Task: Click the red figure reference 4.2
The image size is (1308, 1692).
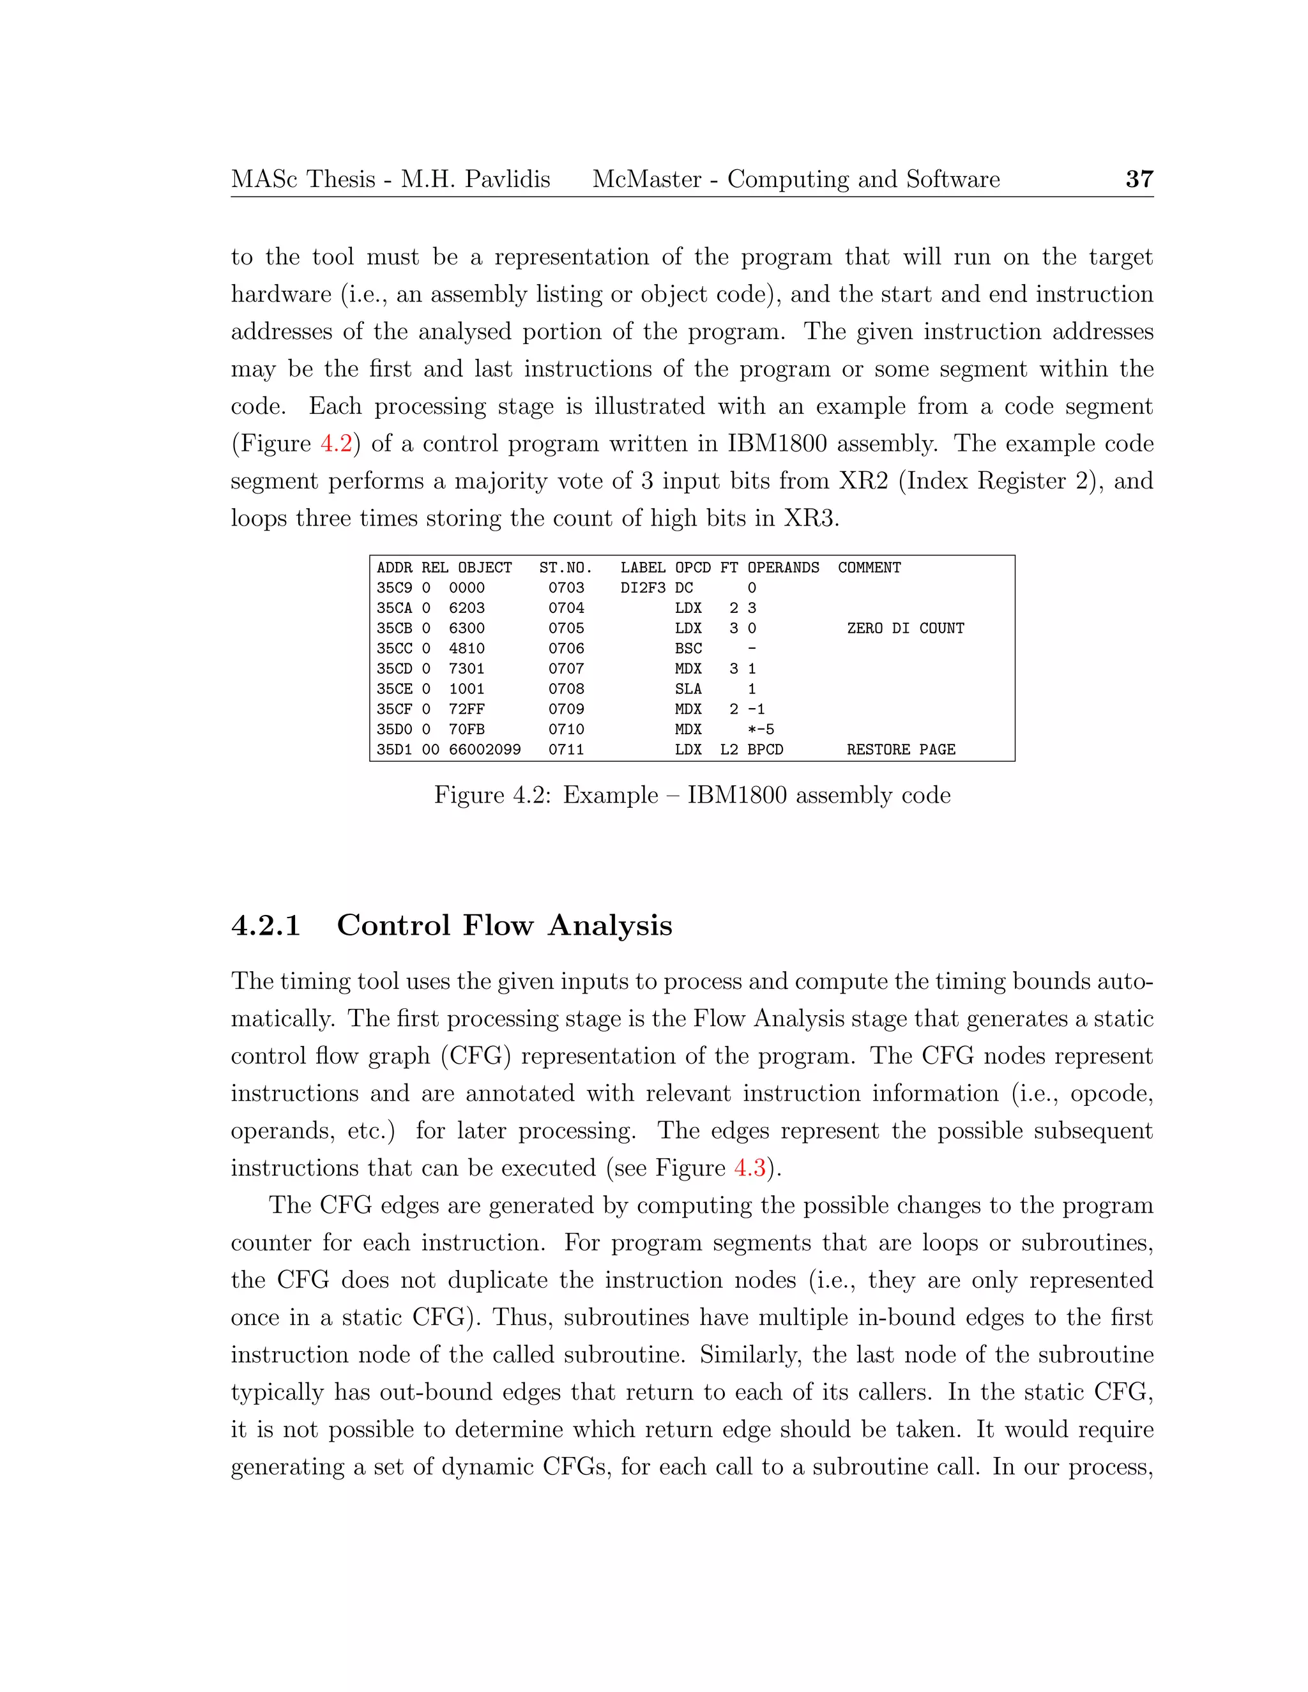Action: coord(337,444)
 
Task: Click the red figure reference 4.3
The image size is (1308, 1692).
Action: coord(749,1168)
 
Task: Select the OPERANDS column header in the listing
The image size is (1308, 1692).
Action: coord(782,568)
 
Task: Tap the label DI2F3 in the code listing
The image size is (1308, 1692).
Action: coord(643,588)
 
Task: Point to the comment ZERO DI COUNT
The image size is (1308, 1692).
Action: coord(905,628)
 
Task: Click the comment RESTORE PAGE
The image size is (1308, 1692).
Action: coord(901,750)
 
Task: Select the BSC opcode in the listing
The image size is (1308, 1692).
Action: coord(688,649)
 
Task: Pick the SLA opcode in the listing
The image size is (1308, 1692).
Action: coord(688,689)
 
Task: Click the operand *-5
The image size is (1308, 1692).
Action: coord(760,730)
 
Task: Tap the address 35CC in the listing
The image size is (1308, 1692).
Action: coord(395,649)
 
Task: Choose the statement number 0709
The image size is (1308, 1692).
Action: coord(566,709)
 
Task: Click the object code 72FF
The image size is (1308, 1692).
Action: coord(466,709)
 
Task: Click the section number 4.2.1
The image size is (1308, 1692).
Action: coord(266,926)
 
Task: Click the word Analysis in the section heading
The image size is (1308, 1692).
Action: coord(610,926)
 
